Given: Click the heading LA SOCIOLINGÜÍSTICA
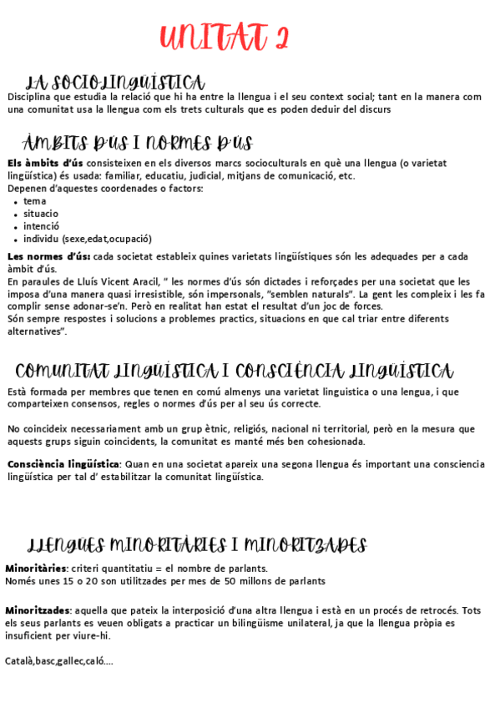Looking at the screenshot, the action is (115, 83).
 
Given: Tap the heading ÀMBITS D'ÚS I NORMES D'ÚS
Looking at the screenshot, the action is (138, 143).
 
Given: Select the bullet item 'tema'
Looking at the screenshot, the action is (35, 201).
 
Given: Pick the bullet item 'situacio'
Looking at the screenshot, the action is (41, 214).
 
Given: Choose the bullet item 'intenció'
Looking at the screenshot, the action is (41, 226).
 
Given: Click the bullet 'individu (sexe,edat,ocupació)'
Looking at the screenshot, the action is (88, 239).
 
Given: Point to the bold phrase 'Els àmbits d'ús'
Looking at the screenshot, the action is (45, 163).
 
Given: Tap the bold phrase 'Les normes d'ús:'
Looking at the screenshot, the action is (48, 256).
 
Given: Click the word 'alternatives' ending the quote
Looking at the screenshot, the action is (34, 331).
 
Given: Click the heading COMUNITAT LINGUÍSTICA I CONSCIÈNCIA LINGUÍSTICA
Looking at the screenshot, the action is (235, 371).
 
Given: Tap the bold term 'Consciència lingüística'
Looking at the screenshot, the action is (63, 464).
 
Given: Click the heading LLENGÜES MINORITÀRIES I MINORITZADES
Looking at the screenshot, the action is (197, 546).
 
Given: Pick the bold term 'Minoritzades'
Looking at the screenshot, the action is (38, 610).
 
